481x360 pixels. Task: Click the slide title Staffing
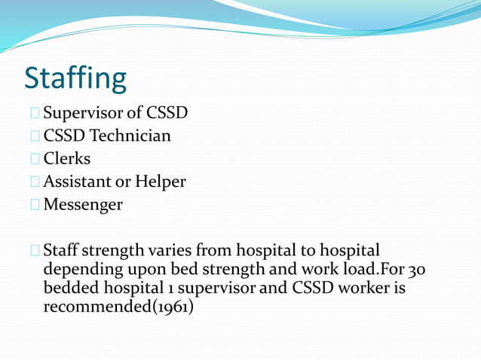[x=75, y=78]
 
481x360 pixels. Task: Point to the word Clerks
[x=67, y=159]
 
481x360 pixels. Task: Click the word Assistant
[x=77, y=182]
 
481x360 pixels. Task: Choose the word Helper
[x=161, y=182]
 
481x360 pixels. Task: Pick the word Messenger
[x=83, y=204]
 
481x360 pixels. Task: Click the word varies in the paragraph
[x=170, y=250]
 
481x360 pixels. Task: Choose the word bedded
[x=72, y=288]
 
